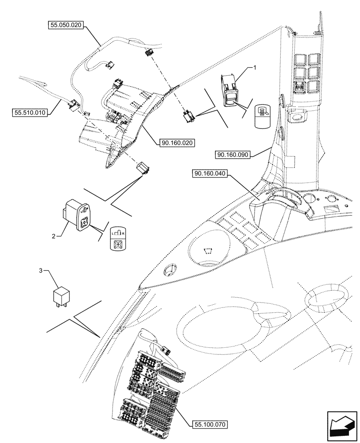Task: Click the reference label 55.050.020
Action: [x=65, y=26]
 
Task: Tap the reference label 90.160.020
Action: [x=176, y=143]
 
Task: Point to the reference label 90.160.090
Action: [x=234, y=155]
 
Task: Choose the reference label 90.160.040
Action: [x=210, y=174]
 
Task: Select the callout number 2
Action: [x=54, y=237]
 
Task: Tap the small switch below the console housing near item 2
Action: [x=144, y=167]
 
